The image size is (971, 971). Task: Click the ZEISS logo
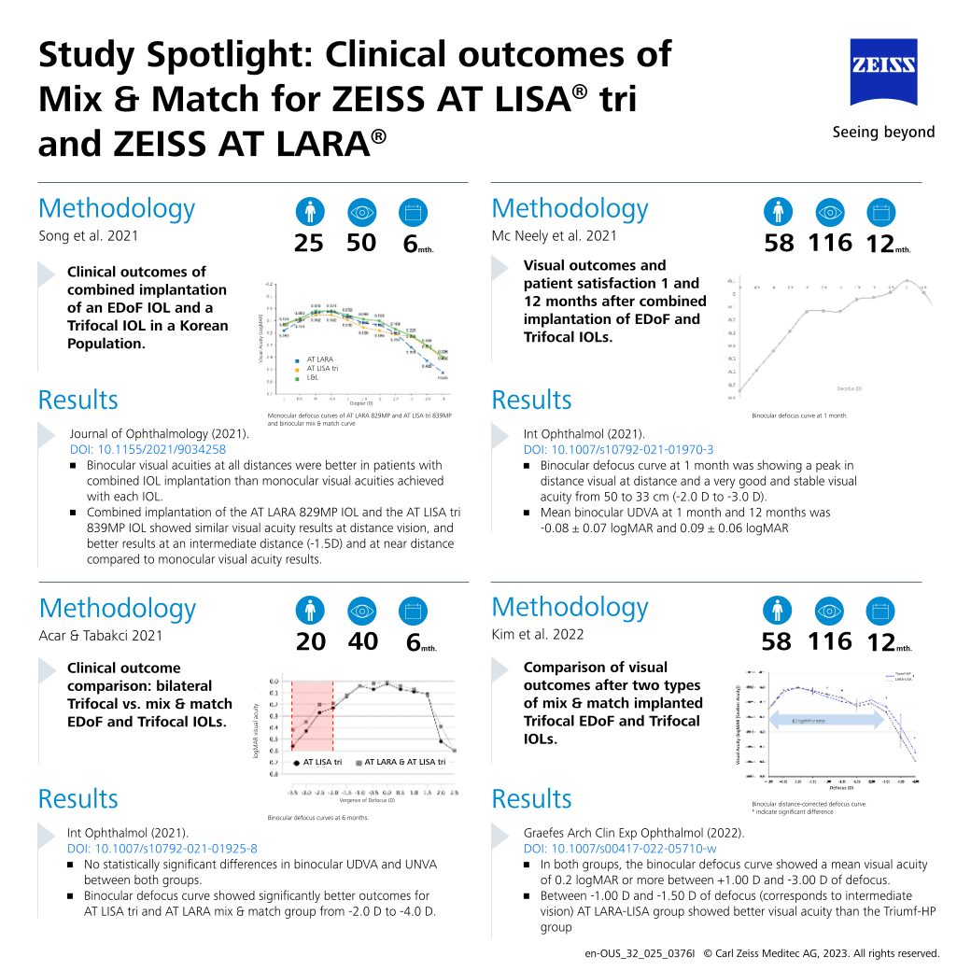882,72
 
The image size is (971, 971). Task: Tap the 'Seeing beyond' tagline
882,132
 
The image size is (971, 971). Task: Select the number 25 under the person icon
308,244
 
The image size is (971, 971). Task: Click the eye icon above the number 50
360,212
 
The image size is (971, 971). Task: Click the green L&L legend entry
312,378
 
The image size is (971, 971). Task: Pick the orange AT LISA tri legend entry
321,369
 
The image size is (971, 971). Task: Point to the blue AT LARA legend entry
317,359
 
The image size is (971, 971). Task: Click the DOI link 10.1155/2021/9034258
148,449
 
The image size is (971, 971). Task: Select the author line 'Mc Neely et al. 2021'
554,236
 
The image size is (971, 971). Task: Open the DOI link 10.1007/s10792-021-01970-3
618,449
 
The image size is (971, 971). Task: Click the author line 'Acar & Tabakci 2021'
101,636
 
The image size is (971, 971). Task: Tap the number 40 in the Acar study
362,642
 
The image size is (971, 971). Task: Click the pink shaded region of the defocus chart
312,715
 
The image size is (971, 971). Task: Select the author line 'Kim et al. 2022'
538,634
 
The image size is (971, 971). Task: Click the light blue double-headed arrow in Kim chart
825,719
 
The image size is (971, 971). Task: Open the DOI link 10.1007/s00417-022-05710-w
619,848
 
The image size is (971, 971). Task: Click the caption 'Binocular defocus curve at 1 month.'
799,415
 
